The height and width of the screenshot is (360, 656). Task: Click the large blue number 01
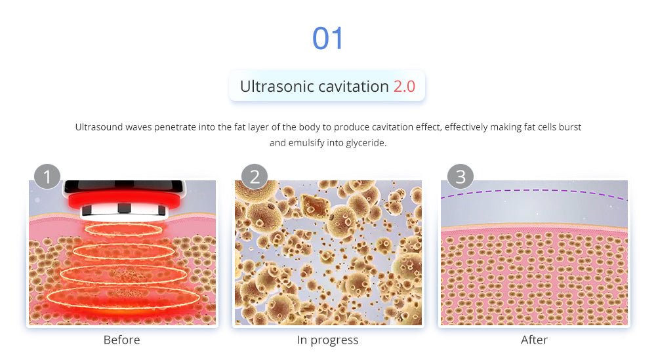pos(327,39)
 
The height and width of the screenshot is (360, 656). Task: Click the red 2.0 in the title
pos(404,87)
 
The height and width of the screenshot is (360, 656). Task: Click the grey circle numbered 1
pos(47,176)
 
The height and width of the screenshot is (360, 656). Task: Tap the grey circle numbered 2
pos(255,176)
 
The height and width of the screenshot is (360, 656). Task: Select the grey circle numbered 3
pos(461,176)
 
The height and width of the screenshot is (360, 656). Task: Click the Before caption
pos(122,340)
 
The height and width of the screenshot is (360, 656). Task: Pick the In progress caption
pos(327,340)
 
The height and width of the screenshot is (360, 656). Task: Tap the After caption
pos(534,340)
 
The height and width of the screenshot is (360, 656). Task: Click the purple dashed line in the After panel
pos(534,191)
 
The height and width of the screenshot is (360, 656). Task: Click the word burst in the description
pos(570,127)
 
